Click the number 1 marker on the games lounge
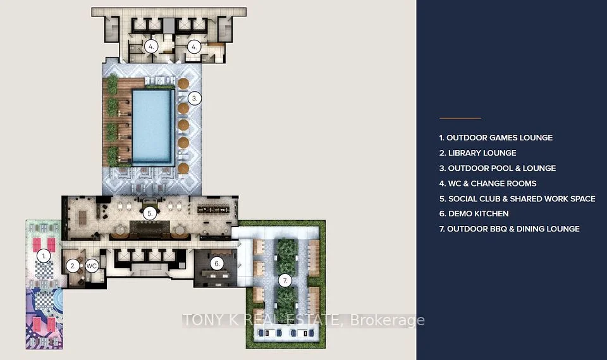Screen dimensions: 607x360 (44, 256)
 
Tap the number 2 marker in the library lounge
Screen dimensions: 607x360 (72, 266)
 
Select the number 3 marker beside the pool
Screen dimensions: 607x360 (195, 99)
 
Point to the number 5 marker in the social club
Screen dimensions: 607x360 (150, 213)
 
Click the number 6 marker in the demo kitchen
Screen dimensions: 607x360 (217, 264)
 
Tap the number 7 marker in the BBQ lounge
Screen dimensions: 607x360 (285, 280)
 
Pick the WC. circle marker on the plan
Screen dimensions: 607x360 (92, 266)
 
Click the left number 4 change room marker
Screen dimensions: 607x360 (151, 46)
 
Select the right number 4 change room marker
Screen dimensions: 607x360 (194, 47)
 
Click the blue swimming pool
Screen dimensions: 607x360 (152, 127)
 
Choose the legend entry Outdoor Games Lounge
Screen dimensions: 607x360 (496, 137)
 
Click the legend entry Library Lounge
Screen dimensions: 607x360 (478, 153)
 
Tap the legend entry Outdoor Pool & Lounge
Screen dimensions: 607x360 (498, 168)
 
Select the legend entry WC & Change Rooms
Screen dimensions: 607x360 (487, 183)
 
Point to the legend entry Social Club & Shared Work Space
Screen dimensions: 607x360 (517, 199)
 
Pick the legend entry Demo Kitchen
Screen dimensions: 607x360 (474, 213)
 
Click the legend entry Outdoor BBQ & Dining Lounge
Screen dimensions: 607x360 (510, 229)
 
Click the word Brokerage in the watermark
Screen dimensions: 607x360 (388, 321)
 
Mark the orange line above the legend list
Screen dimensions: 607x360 (460, 118)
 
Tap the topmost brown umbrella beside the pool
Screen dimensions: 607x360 (183, 83)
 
